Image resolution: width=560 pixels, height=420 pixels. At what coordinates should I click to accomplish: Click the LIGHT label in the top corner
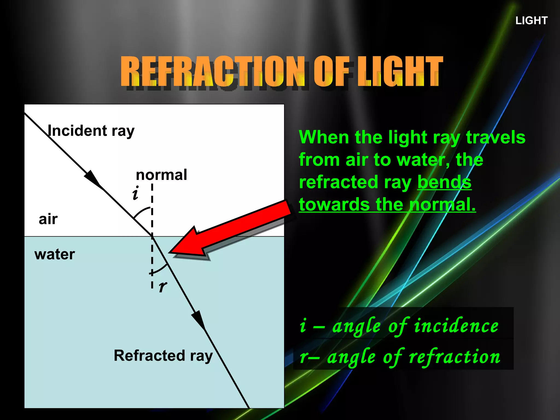(531, 21)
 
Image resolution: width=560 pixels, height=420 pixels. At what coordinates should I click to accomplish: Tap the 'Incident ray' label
(91, 131)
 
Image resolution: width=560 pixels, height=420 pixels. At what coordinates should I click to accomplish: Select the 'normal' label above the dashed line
(161, 175)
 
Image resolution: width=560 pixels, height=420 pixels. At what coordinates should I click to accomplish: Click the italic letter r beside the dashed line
(163, 286)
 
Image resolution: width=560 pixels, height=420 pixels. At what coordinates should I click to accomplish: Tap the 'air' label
(48, 219)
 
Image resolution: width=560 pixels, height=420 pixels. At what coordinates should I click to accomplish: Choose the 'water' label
(54, 254)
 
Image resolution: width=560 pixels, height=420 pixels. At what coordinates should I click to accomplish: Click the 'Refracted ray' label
(163, 355)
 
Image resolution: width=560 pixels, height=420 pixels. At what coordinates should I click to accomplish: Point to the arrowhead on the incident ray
(93, 179)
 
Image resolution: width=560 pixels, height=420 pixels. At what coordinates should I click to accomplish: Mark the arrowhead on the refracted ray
(199, 320)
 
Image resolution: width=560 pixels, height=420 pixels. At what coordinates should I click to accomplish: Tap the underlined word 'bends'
(444, 182)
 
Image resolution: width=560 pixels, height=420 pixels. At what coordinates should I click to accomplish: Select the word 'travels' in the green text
(495, 137)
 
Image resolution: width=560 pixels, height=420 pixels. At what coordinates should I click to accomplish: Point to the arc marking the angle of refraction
(160, 270)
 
